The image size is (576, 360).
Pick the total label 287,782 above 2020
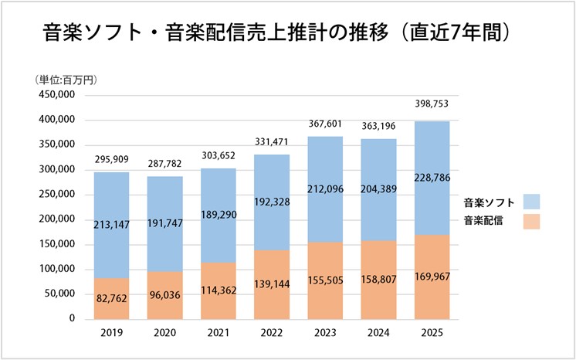165,165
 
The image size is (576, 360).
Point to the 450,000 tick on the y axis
55,95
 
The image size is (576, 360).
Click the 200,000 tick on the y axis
55,219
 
